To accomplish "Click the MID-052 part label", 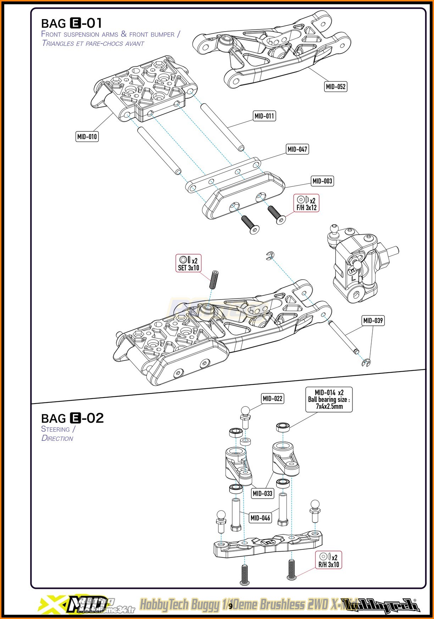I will coord(335,87).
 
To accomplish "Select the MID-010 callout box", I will coord(87,137).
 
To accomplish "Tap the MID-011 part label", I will coord(264,116).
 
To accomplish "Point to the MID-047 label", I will coord(297,149).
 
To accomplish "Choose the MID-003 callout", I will coord(322,181).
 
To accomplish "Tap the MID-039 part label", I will coord(373,321).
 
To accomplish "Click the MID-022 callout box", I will coord(272,399).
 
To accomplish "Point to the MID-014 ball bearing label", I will coord(329,399).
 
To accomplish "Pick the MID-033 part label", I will coord(262,493).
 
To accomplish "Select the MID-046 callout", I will coord(260,518).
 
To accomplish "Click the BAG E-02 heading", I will coord(72,418).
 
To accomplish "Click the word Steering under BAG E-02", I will coord(56,429).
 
